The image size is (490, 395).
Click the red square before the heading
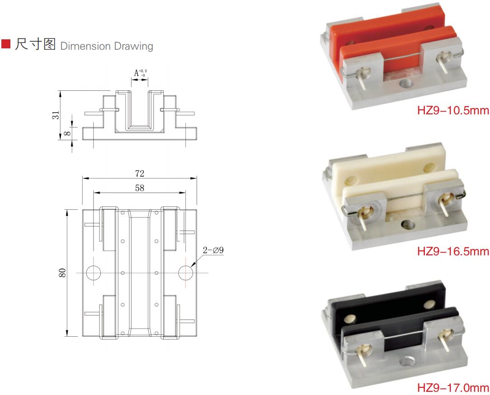[x=5, y=44]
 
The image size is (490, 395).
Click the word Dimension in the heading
[x=85, y=46]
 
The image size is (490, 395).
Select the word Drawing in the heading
[x=133, y=46]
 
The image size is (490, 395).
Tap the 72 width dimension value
[x=140, y=174]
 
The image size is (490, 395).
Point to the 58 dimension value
[x=140, y=188]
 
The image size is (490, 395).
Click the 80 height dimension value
[x=62, y=273]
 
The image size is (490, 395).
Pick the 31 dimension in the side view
[x=56, y=115]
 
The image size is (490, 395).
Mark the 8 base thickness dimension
[x=67, y=133]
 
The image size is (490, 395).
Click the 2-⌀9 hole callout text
[x=213, y=250]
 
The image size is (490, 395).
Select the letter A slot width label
[x=137, y=73]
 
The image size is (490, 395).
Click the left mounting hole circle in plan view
[x=94, y=273]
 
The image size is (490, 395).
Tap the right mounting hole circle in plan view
[x=186, y=273]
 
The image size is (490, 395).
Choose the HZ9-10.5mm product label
[x=453, y=110]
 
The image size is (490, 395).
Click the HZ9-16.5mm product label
[x=453, y=251]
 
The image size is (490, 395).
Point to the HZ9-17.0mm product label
[x=453, y=388]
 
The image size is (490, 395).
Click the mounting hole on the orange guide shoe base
[x=406, y=83]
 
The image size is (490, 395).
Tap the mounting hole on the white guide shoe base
[x=408, y=224]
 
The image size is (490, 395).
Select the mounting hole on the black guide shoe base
[x=408, y=361]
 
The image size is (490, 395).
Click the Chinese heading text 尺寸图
[x=35, y=44]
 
